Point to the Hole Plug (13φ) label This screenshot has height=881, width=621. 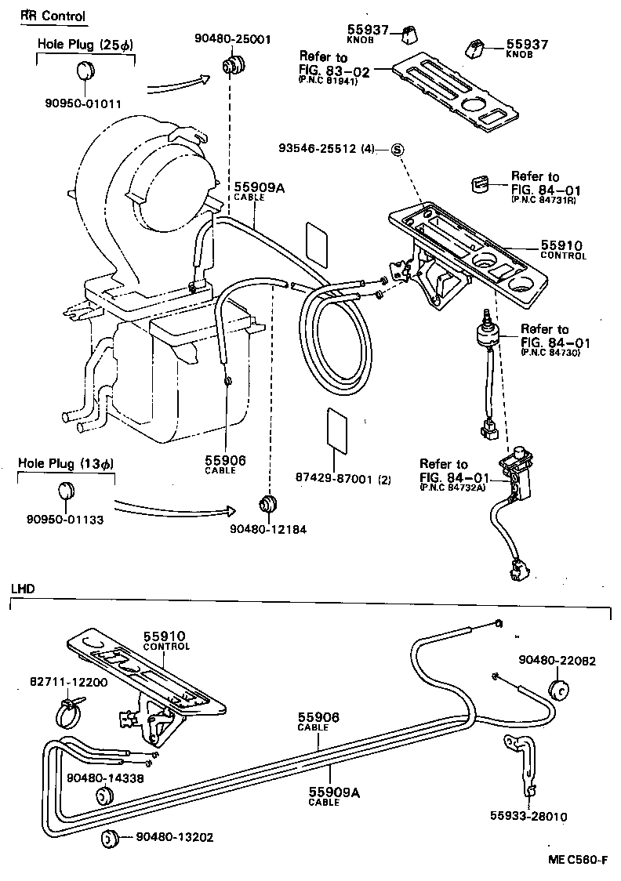pos(66,463)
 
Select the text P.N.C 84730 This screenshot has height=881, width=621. pos(555,354)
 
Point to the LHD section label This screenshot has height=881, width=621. pos(22,588)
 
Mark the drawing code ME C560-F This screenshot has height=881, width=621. pos(577,859)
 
